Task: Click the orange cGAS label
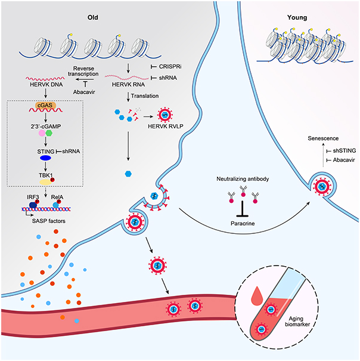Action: (x=45, y=106)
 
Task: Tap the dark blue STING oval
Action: (x=45, y=158)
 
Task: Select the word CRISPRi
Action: (x=170, y=67)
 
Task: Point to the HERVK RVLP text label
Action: (x=166, y=126)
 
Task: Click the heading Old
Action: (x=93, y=17)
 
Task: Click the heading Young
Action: (x=297, y=17)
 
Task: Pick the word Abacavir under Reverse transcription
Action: (x=84, y=92)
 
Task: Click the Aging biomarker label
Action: (x=297, y=322)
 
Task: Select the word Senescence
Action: (x=323, y=138)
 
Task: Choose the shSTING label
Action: (x=345, y=151)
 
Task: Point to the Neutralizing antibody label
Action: (x=243, y=179)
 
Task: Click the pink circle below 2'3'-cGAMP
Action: (x=42, y=133)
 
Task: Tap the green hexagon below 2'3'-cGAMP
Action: (x=49, y=133)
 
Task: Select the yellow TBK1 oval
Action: (x=45, y=183)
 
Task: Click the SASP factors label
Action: (x=48, y=221)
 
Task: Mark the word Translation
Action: (x=145, y=96)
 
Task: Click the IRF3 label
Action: (x=33, y=197)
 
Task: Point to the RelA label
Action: (x=57, y=197)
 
